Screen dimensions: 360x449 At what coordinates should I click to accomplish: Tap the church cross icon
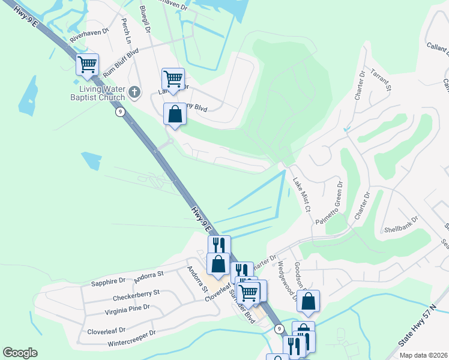click(x=134, y=93)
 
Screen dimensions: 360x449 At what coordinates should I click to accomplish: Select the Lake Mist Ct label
click(x=301, y=194)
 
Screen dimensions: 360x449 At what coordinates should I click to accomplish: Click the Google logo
click(x=20, y=353)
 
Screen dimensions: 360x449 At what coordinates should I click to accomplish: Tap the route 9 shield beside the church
click(x=121, y=112)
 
